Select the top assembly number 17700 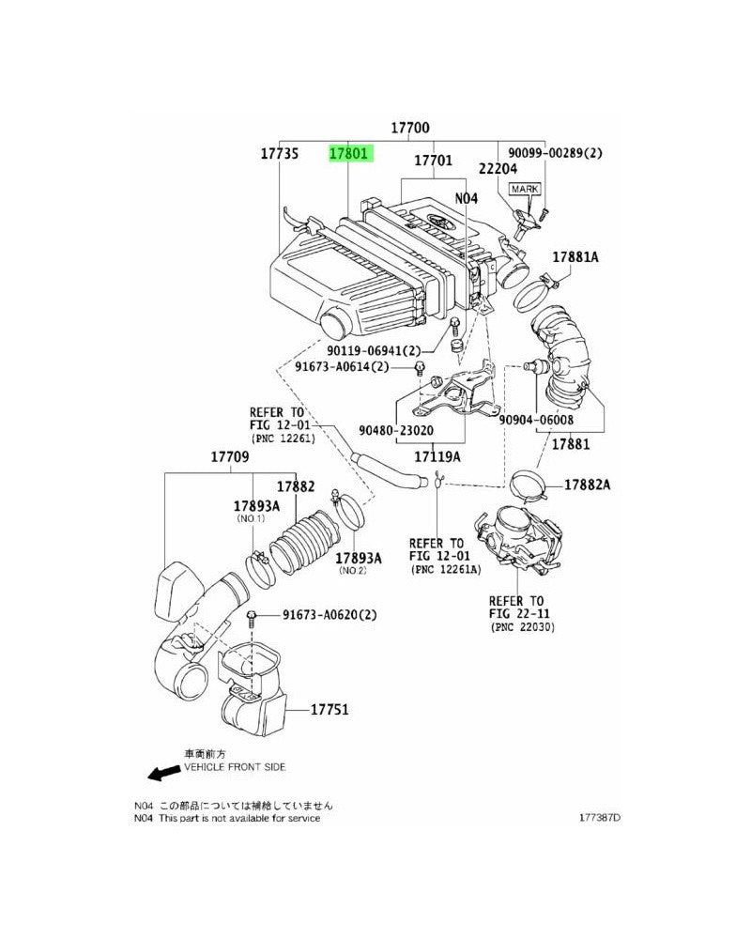[410, 128]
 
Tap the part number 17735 [280, 153]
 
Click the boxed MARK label [525, 190]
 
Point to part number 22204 [498, 168]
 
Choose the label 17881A [575, 257]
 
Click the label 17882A [587, 485]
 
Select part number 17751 [330, 710]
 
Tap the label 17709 [230, 457]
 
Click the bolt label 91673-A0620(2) [330, 614]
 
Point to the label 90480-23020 [396, 430]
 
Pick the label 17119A [437, 457]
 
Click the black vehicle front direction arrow [164, 773]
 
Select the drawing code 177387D [600, 818]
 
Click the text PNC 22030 [523, 627]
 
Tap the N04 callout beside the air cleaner [466, 197]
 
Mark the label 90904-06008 [536, 420]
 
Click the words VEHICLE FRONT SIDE [235, 767]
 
